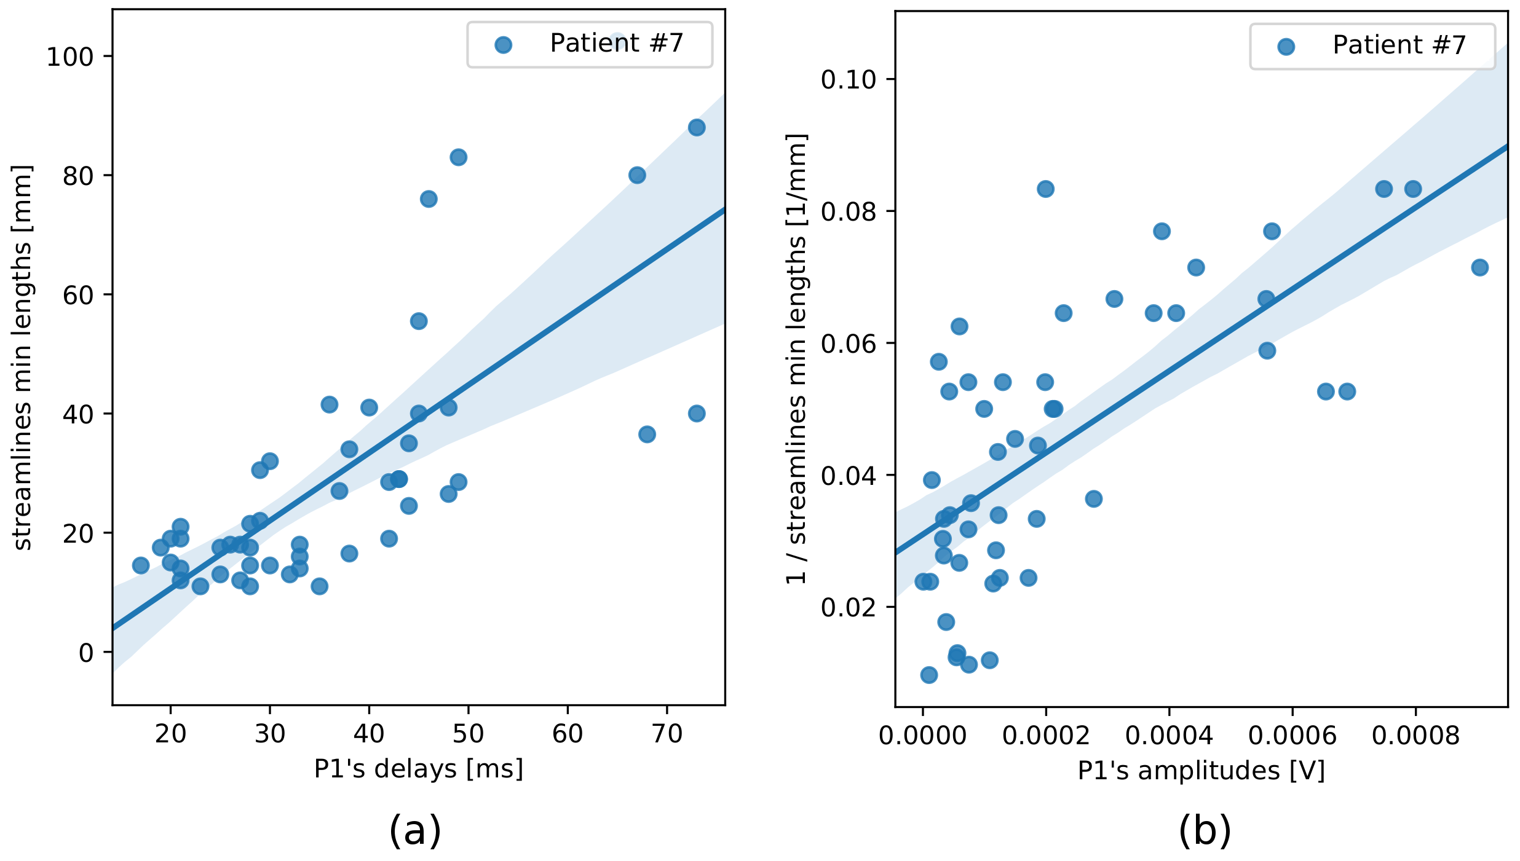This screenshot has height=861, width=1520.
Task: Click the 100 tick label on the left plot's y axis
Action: pyautogui.click(x=69, y=57)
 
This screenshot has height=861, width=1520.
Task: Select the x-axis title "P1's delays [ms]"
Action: pyautogui.click(x=418, y=769)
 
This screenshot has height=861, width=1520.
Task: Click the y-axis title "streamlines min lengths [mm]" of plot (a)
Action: pyautogui.click(x=22, y=357)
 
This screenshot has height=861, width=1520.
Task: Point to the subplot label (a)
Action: pyautogui.click(x=415, y=831)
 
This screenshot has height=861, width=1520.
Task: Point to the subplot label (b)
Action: pyautogui.click(x=1205, y=831)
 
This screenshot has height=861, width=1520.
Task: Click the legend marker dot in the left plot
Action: pyautogui.click(x=503, y=45)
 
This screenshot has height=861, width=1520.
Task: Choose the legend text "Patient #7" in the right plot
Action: pyautogui.click(x=1399, y=45)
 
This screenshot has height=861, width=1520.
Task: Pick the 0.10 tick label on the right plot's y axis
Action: pyautogui.click(x=849, y=79)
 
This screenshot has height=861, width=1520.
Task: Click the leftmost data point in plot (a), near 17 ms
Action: pyautogui.click(x=141, y=565)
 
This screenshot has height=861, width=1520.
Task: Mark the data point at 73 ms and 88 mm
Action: pyautogui.click(x=697, y=128)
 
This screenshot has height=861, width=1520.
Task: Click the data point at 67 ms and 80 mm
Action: pyautogui.click(x=637, y=175)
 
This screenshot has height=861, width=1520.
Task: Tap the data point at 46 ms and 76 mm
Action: pyautogui.click(x=429, y=199)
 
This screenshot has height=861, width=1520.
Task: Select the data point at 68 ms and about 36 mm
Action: pyautogui.click(x=647, y=434)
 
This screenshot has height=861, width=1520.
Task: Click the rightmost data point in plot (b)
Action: pyautogui.click(x=1480, y=267)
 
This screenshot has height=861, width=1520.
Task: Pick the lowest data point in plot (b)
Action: pyautogui.click(x=929, y=675)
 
